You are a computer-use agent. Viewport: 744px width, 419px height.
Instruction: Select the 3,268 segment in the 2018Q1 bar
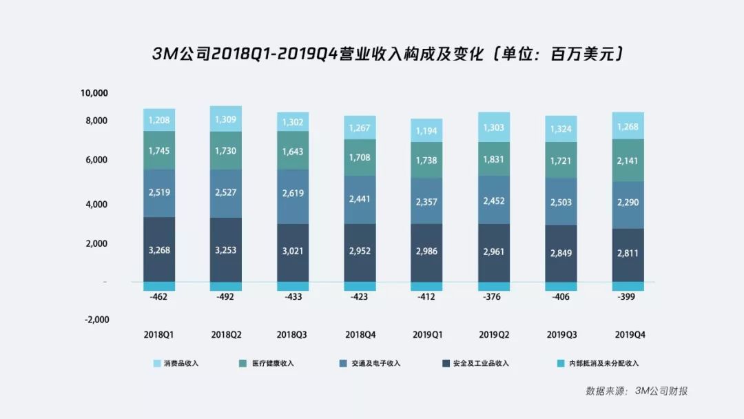159,249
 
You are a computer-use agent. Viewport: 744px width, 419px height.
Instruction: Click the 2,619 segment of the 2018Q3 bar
293,194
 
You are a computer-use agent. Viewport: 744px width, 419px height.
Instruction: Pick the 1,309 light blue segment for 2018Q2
226,119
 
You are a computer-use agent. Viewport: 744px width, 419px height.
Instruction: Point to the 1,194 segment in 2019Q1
426,130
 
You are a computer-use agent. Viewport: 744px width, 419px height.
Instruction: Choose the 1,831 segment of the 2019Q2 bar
493,158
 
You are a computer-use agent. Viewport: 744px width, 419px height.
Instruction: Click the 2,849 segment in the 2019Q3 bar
560,253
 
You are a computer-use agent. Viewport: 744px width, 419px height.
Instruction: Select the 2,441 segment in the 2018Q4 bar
360,199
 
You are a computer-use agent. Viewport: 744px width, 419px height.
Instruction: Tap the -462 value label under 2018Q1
159,298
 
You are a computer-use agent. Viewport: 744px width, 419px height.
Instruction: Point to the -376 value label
493,298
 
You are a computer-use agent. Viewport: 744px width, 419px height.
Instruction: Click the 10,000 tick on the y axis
95,93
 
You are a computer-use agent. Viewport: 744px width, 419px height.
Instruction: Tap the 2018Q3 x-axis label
293,334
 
